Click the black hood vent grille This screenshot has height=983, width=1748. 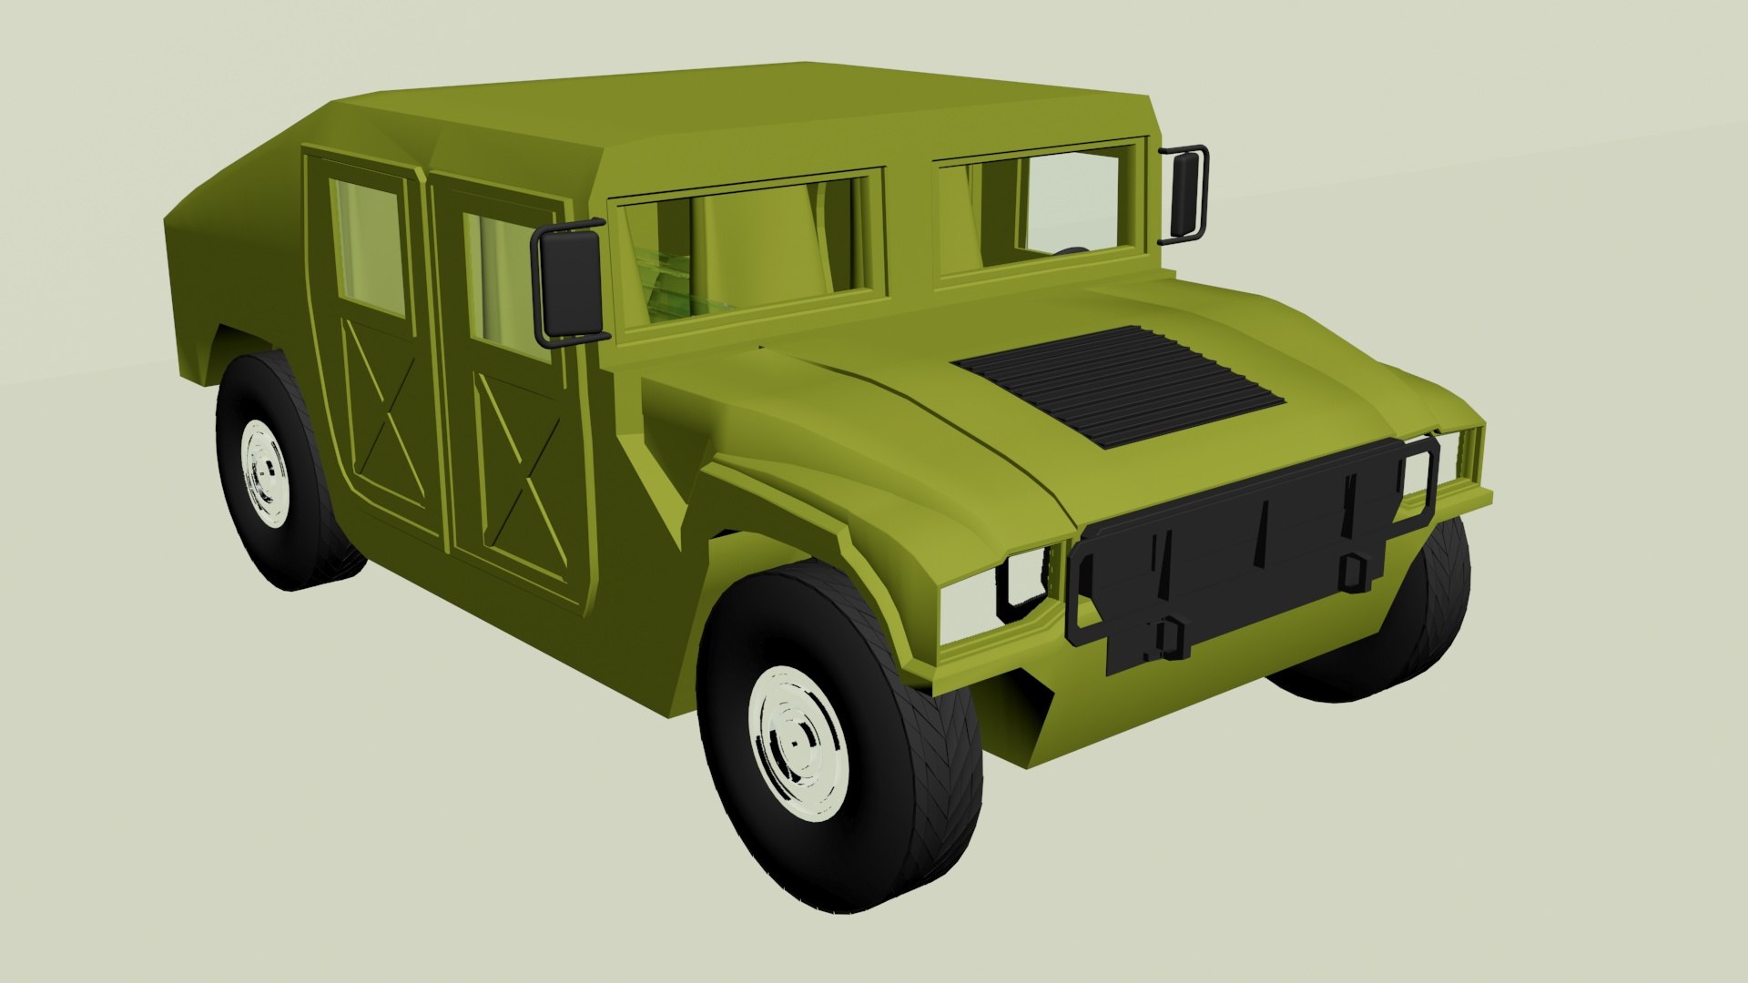[x=1120, y=385]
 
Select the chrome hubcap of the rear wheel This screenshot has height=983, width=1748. [x=267, y=472]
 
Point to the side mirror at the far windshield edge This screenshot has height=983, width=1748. [x=1186, y=193]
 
